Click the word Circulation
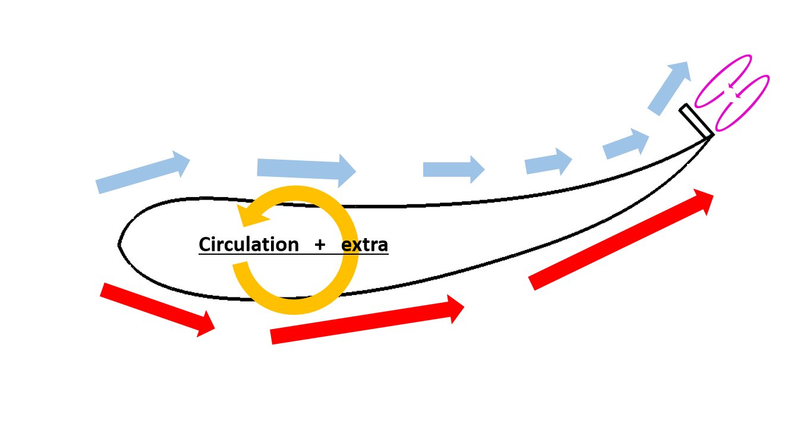pyautogui.click(x=248, y=245)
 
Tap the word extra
pyautogui.click(x=364, y=245)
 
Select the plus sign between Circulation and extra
pyautogui.click(x=319, y=245)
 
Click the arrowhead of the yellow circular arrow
pyautogui.click(x=252, y=215)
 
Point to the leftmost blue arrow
pyautogui.click(x=143, y=172)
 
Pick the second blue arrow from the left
pyautogui.click(x=307, y=170)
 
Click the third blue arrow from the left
pyautogui.click(x=454, y=169)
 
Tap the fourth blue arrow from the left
pyautogui.click(x=548, y=162)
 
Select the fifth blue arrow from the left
pyautogui.click(x=626, y=144)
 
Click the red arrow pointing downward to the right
pyautogui.click(x=158, y=310)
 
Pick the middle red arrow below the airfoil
pyautogui.click(x=367, y=319)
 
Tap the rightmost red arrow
pyautogui.click(x=621, y=239)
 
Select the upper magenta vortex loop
pyautogui.click(x=723, y=81)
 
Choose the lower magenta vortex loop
pyautogui.click(x=742, y=103)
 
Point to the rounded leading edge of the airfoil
pyautogui.click(x=119, y=245)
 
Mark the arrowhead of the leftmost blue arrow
pyautogui.click(x=181, y=163)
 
